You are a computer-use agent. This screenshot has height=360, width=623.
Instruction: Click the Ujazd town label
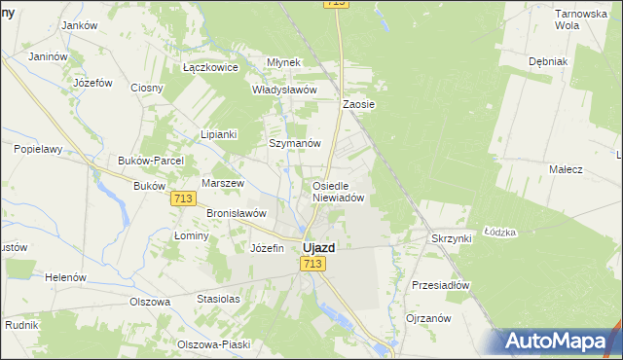pyautogui.click(x=319, y=248)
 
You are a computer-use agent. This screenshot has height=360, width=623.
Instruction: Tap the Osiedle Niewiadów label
pyautogui.click(x=338, y=191)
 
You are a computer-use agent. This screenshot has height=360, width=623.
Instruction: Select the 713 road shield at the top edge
pyautogui.click(x=336, y=4)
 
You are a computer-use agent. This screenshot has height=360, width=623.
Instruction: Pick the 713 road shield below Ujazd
pyautogui.click(x=312, y=265)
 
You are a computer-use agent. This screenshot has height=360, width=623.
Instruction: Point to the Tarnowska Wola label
pyautogui.click(x=580, y=19)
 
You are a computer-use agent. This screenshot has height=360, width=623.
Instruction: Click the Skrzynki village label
pyautogui.click(x=451, y=238)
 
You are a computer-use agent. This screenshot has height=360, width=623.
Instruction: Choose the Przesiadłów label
pyautogui.click(x=441, y=286)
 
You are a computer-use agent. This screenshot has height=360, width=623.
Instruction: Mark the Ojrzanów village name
pyautogui.click(x=428, y=318)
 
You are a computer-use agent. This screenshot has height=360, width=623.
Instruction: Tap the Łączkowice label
pyautogui.click(x=211, y=68)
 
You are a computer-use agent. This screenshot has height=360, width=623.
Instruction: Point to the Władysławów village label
pyautogui.click(x=285, y=90)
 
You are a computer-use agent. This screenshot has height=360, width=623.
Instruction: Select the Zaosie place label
pyautogui.click(x=359, y=104)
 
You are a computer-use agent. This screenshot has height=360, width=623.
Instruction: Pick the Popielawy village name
pyautogui.click(x=38, y=150)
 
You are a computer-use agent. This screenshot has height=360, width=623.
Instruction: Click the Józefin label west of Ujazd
pyautogui.click(x=267, y=248)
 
